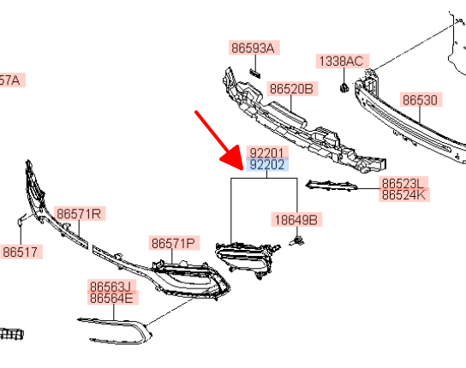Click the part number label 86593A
pos(254,48)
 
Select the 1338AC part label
pos(343,62)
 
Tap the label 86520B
pos(292,89)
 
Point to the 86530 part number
pos(421,100)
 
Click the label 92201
pos(267,152)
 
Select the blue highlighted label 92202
pos(267,165)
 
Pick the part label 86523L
pos(403,182)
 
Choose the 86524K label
pos(404,195)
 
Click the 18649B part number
pos(296,220)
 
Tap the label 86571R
pos(80,213)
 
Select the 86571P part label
pos(174,243)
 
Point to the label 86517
pos(21,252)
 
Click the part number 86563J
pos(111,286)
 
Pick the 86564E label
pos(112,298)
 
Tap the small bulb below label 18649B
pos(297,240)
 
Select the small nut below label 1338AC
pos(344,87)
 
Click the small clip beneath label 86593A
pos(255,74)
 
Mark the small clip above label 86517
pos(21,220)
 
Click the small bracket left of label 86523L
pos(332,186)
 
